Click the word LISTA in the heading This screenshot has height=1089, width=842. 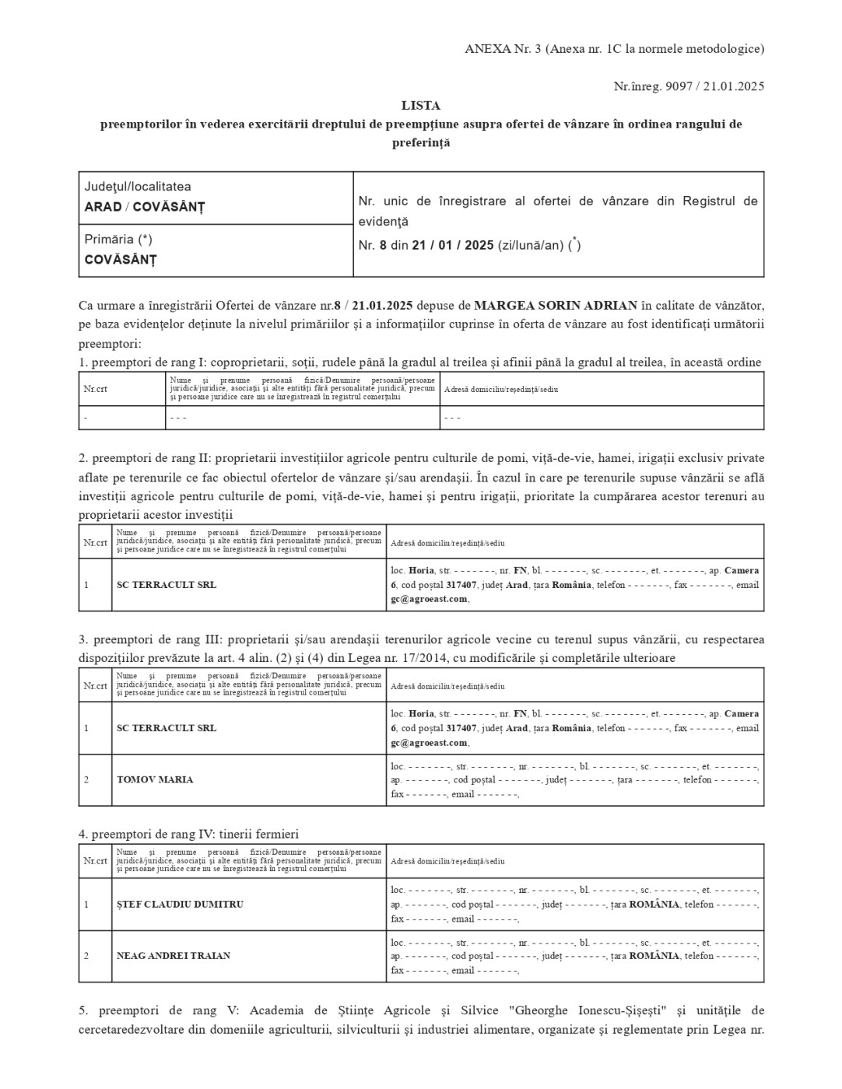tap(420, 105)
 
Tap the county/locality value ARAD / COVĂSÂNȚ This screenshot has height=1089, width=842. tap(144, 207)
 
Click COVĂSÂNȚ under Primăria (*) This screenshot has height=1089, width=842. tap(120, 260)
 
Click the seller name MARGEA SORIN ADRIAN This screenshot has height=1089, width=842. tap(556, 304)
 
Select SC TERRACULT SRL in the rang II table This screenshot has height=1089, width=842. tap(166, 585)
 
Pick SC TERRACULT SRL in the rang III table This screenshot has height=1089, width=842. tap(166, 728)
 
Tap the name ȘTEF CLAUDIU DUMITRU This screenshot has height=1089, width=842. tap(180, 904)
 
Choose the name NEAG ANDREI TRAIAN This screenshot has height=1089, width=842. tap(173, 955)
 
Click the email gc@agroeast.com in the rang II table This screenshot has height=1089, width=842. tap(429, 599)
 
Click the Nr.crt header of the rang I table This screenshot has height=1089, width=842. tap(95, 389)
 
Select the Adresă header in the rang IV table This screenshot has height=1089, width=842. tap(447, 861)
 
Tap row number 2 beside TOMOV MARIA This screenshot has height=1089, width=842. tap(86, 779)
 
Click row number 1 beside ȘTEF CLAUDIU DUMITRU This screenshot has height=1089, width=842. tap(86, 904)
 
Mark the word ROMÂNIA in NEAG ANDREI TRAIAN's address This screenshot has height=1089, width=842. tap(654, 956)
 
